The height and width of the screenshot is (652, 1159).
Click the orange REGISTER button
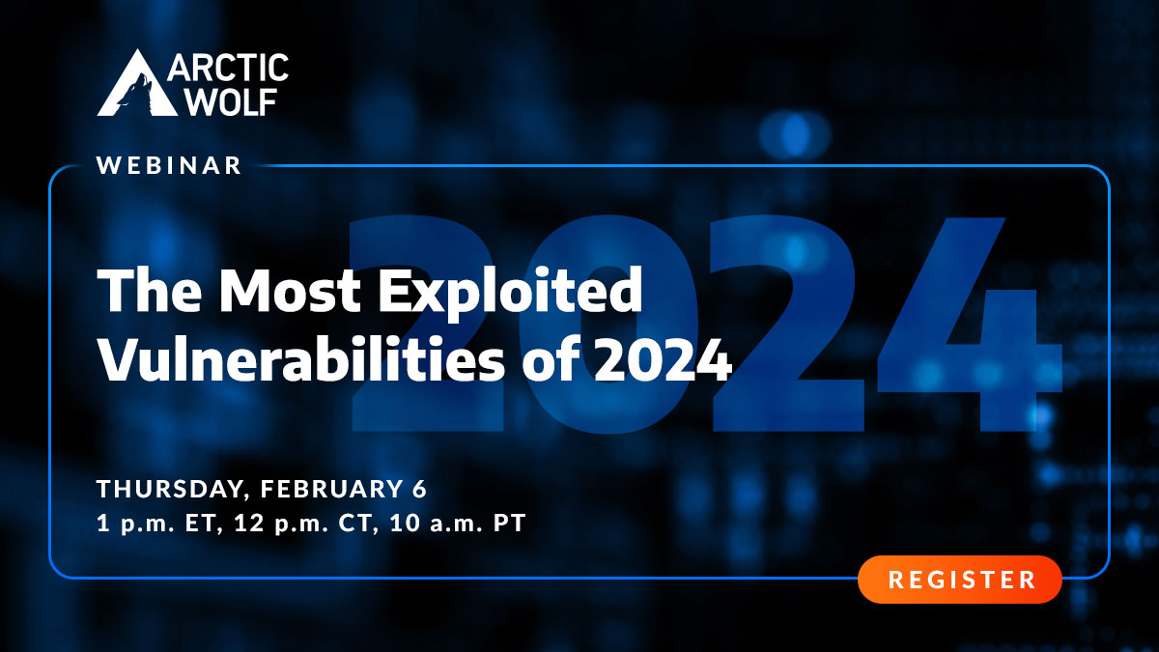click(x=960, y=580)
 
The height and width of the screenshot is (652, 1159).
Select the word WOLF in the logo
click(x=229, y=101)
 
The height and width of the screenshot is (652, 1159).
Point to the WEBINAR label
click(x=169, y=166)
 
